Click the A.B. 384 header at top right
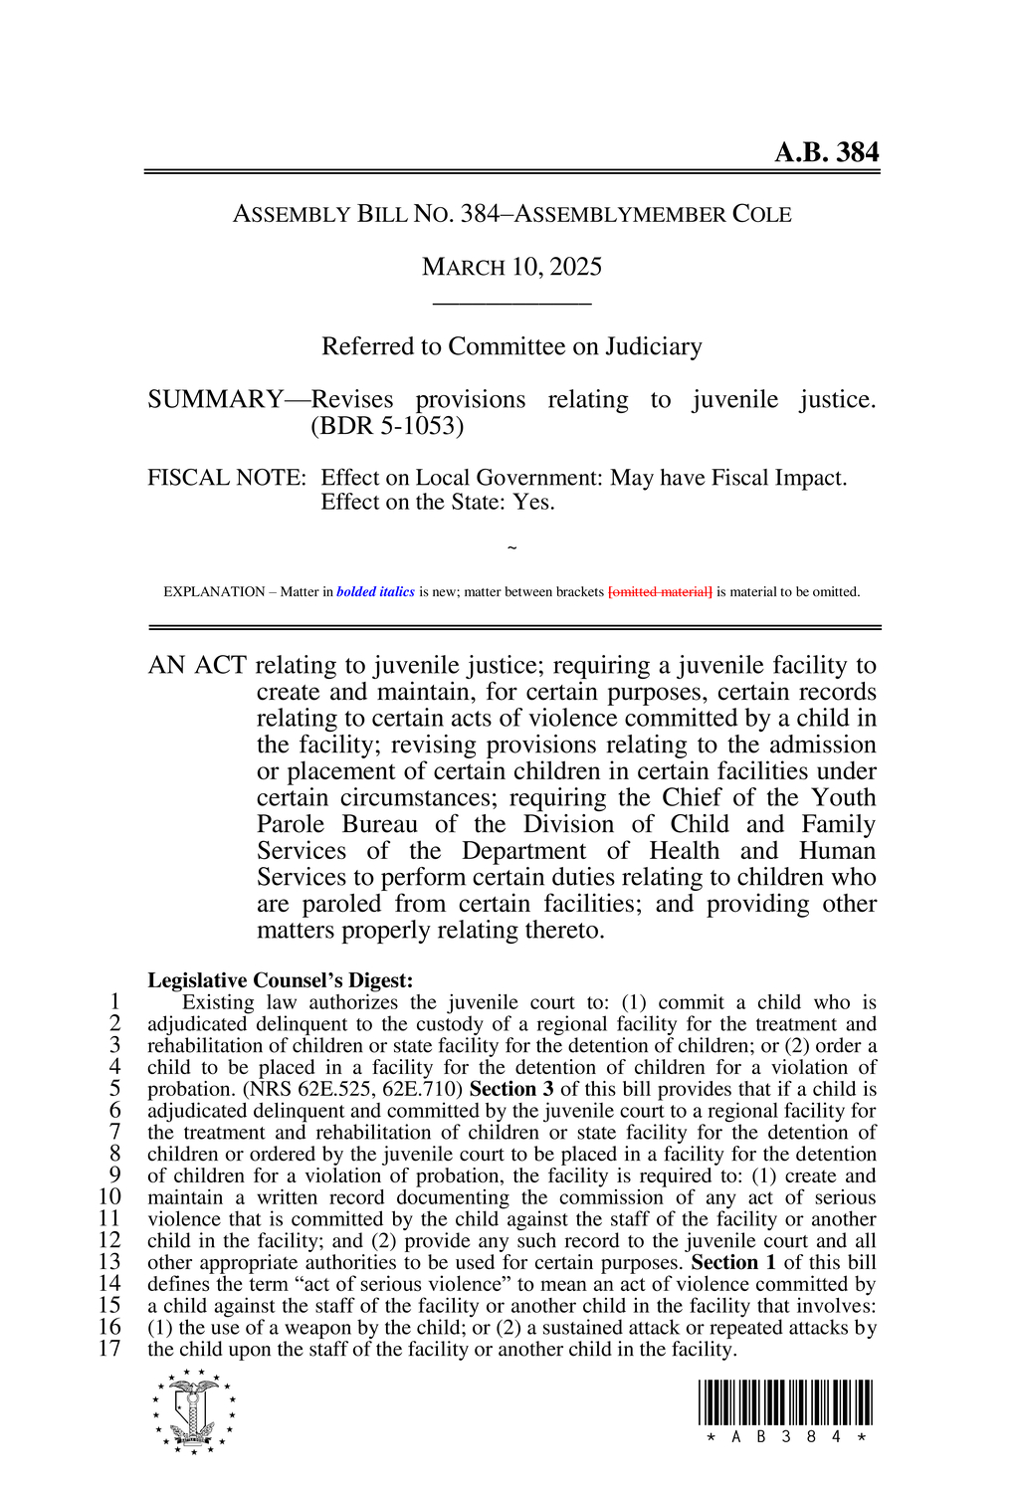[x=826, y=152]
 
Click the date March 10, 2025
[x=511, y=267]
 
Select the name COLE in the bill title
[x=761, y=214]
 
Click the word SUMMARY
[x=215, y=400]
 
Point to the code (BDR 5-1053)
[x=387, y=426]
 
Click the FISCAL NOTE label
[x=226, y=478]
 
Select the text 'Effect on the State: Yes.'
[x=437, y=502]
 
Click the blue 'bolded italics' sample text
[x=375, y=592]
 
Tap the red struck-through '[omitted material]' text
[x=660, y=592]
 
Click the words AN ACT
[x=197, y=665]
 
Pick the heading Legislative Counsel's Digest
[x=280, y=980]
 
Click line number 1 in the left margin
[x=115, y=1002]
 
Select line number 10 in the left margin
[x=109, y=1197]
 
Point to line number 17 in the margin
[x=109, y=1349]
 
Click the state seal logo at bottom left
[x=194, y=1410]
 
